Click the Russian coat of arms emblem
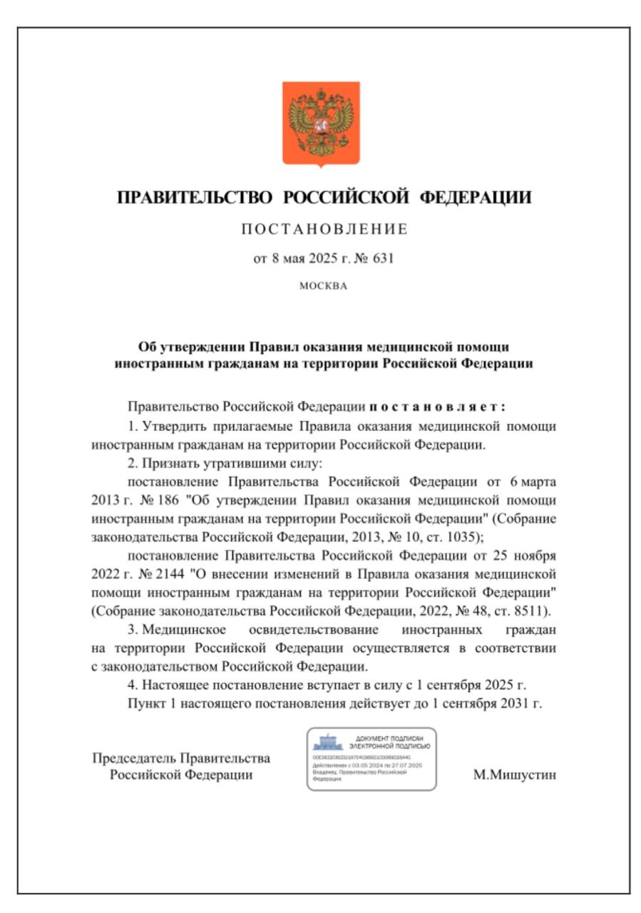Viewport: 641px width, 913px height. pyautogui.click(x=321, y=123)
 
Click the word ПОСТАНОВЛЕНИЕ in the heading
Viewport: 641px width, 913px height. pyautogui.click(x=324, y=229)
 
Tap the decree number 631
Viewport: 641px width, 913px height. pyautogui.click(x=383, y=258)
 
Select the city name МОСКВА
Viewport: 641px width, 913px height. pyautogui.click(x=323, y=286)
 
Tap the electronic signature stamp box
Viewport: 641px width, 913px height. pyautogui.click(x=371, y=758)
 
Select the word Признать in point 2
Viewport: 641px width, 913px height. pyautogui.click(x=165, y=463)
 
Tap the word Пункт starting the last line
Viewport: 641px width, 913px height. pyautogui.click(x=144, y=703)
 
